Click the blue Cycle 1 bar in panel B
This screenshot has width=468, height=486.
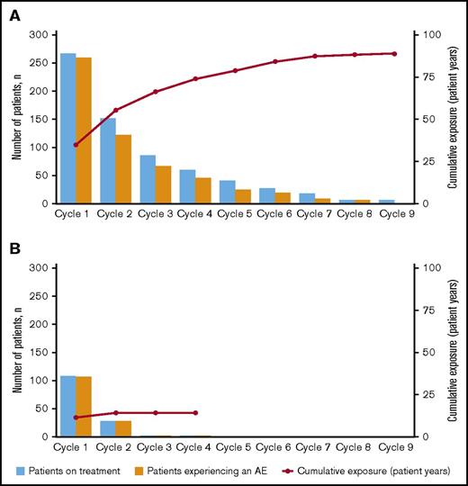[68, 406]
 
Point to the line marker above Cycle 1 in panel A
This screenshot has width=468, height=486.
[76, 144]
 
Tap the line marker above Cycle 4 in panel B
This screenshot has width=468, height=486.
[195, 413]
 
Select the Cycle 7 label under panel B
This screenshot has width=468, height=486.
[315, 447]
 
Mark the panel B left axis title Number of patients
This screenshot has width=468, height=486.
[17, 352]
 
